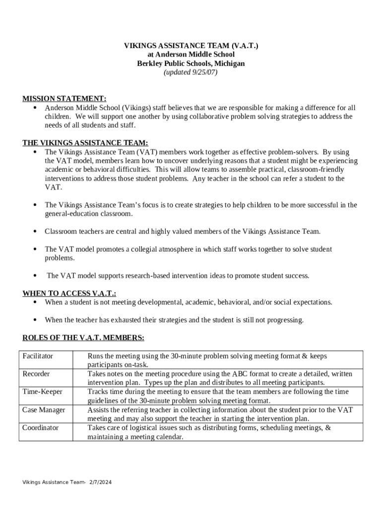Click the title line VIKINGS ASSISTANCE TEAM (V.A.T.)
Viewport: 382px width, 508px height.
tap(191, 46)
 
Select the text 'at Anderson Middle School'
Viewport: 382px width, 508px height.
tap(191, 55)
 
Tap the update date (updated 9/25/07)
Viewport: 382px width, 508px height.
tap(191, 72)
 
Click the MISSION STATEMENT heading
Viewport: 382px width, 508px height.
tap(64, 99)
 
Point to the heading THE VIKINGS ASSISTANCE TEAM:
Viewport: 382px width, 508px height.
tap(85, 143)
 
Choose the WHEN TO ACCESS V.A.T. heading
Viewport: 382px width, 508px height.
tap(72, 293)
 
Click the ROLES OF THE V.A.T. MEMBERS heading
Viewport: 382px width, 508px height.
tap(83, 338)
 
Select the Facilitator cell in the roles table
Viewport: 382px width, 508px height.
tap(38, 356)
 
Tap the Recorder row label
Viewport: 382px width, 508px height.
tap(36, 374)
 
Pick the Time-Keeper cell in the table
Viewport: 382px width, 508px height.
tap(42, 392)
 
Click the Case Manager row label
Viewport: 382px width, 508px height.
tap(44, 410)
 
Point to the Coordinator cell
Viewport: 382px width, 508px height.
tap(40, 428)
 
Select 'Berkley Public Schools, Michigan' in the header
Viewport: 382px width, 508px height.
tap(191, 63)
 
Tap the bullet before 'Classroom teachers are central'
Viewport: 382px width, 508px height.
tap(35, 232)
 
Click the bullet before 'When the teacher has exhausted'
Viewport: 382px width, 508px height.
tap(35, 320)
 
